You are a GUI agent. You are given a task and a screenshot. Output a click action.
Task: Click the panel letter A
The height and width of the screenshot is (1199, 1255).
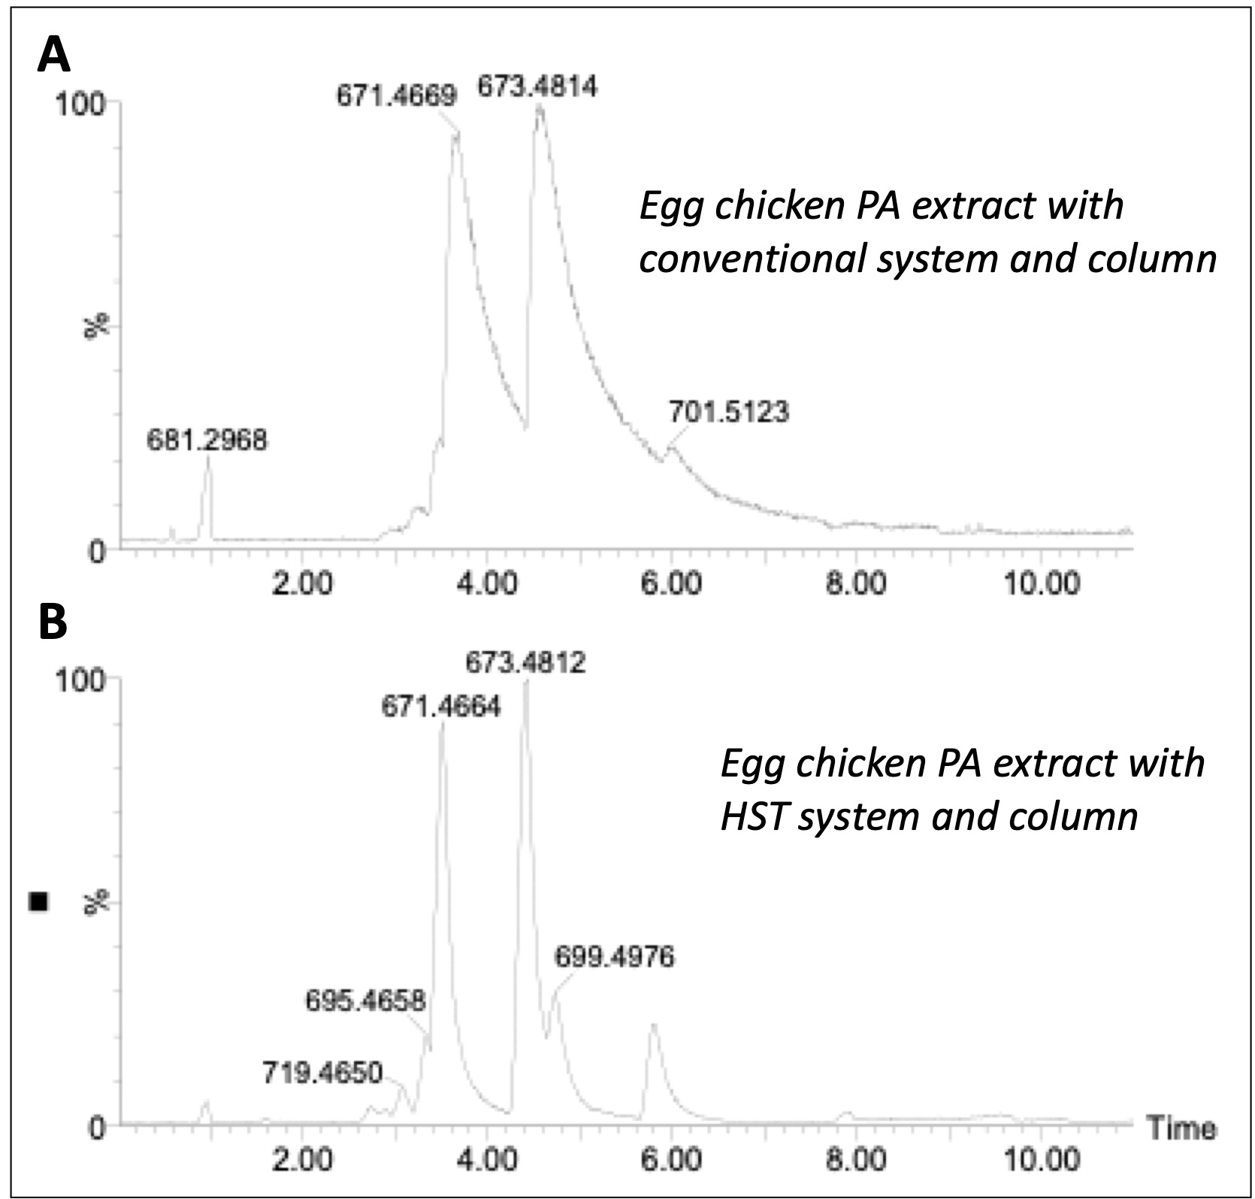pyautogui.click(x=54, y=56)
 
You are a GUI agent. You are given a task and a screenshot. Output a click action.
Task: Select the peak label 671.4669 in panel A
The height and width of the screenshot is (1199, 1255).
pyautogui.click(x=396, y=96)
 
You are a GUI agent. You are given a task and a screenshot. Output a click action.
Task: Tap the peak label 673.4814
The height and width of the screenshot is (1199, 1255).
pyautogui.click(x=538, y=87)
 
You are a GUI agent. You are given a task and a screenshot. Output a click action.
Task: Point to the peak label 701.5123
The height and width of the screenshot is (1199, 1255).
pyautogui.click(x=728, y=412)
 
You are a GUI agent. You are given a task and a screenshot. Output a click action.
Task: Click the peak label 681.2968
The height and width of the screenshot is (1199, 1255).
pyautogui.click(x=207, y=440)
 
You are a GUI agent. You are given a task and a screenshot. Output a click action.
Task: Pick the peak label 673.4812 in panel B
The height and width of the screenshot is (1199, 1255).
pyautogui.click(x=525, y=662)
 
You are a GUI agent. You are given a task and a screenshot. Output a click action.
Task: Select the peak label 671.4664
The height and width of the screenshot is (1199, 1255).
pyautogui.click(x=441, y=707)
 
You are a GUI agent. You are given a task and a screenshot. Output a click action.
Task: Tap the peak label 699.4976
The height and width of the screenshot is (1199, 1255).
pyautogui.click(x=615, y=957)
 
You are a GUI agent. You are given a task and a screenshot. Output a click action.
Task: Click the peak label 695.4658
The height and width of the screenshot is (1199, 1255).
pyautogui.click(x=365, y=1001)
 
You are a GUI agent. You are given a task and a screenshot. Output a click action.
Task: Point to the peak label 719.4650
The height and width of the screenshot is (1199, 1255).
pyautogui.click(x=322, y=1072)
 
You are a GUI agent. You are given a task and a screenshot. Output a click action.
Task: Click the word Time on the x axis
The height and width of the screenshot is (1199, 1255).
pyautogui.click(x=1181, y=1129)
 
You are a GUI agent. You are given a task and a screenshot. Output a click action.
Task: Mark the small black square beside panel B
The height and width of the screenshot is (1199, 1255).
pyautogui.click(x=38, y=901)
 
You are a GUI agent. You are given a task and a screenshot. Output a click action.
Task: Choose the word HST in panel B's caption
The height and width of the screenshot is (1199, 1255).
pyautogui.click(x=754, y=816)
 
